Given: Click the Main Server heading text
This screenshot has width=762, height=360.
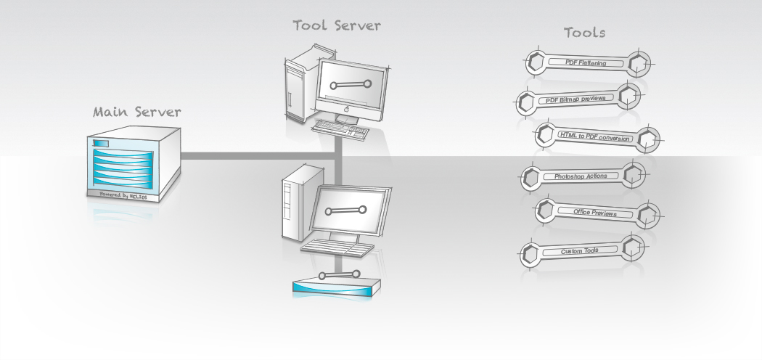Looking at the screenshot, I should pos(137,112).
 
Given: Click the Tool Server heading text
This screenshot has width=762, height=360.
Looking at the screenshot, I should pos(337,25).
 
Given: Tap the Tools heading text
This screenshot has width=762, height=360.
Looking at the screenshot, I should pos(585,33).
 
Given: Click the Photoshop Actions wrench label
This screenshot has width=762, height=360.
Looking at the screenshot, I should pos(581,176).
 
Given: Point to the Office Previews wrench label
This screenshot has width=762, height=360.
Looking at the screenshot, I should pos(595,213).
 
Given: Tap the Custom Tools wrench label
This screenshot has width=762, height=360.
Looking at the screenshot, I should pos(580,251).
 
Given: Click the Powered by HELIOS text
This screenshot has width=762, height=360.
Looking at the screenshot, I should pos(128,195).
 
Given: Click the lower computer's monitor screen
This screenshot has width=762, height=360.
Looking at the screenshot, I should pos(346,211).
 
